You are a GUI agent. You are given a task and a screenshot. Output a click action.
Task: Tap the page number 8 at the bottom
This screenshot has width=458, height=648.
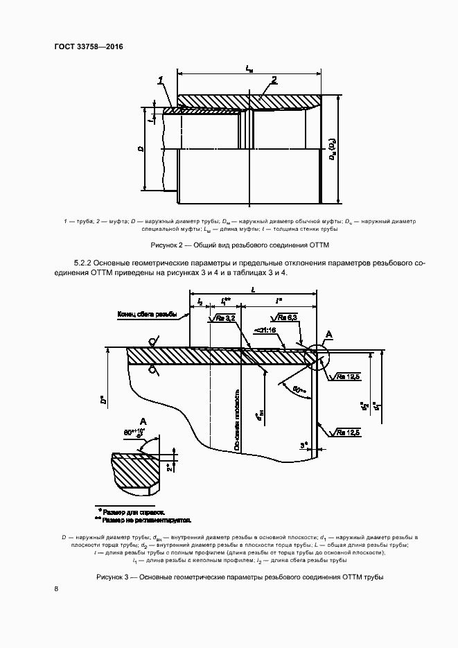point(56,588)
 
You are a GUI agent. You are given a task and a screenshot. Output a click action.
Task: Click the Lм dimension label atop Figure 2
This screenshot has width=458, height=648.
point(249,68)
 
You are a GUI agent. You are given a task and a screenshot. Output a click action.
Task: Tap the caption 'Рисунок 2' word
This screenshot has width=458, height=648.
point(166,245)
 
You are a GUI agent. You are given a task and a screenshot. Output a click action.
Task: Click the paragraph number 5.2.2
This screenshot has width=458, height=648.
point(84,263)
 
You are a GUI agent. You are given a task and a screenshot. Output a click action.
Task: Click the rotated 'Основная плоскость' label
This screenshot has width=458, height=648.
point(236,423)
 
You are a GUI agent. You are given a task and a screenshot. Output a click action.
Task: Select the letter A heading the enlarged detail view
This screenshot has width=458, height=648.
point(143,421)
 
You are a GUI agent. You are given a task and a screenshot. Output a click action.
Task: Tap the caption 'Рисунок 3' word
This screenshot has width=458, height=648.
point(112,577)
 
